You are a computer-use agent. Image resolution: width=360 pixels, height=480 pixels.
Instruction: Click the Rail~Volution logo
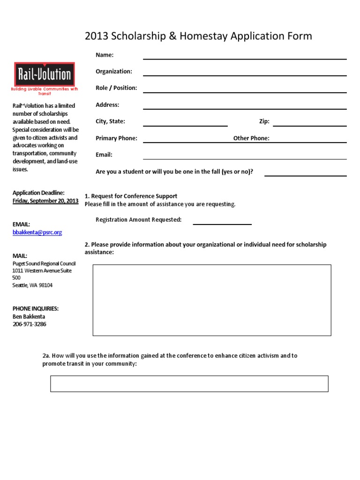(44, 75)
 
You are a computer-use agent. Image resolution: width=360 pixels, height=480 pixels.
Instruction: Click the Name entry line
(245, 59)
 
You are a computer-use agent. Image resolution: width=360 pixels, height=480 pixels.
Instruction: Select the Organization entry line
(245, 75)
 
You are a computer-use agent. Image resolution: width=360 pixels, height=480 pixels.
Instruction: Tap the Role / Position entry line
(245, 91)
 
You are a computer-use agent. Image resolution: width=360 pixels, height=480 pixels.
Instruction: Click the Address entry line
(245, 108)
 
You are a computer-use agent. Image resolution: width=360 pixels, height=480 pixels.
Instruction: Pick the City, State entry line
(185, 125)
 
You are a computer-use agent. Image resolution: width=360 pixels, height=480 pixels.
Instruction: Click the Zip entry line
(310, 125)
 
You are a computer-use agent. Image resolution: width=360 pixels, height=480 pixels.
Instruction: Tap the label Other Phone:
(251, 138)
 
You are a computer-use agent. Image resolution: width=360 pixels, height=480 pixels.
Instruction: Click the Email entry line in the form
(245, 158)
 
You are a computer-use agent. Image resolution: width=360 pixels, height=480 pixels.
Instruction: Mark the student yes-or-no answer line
(306, 175)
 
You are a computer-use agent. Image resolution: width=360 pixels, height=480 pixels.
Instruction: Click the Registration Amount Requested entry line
(222, 224)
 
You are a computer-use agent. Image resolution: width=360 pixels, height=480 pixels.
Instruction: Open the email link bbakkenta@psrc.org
(37, 232)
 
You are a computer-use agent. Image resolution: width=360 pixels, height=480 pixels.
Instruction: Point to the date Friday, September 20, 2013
(45, 201)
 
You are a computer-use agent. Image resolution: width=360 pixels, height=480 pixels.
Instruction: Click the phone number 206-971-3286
(30, 324)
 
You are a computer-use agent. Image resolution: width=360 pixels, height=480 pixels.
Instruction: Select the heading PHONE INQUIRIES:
(36, 308)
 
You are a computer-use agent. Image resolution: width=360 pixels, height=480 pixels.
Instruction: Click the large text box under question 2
(212, 300)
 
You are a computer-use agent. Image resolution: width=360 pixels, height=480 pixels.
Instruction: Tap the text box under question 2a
(189, 383)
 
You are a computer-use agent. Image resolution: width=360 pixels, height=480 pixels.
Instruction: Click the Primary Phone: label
(116, 138)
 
